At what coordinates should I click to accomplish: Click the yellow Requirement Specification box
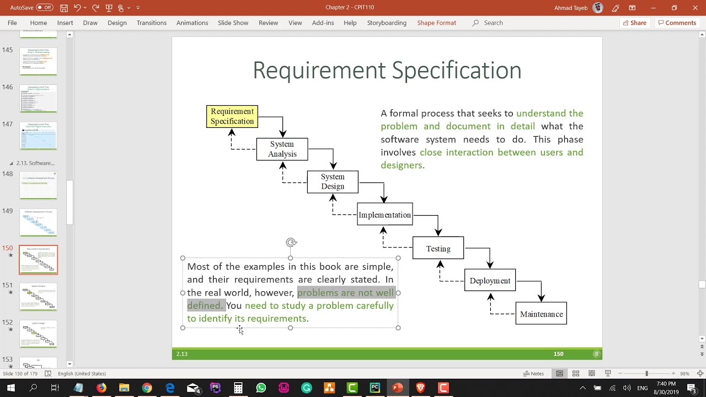tap(232, 116)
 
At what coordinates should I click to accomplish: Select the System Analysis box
tap(282, 149)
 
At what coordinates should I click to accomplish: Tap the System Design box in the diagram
tap(333, 182)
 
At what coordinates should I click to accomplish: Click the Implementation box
tap(384, 215)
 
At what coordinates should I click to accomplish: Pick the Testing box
tap(438, 249)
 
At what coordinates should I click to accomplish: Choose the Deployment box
tap(490, 281)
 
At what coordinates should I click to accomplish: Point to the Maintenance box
tap(541, 314)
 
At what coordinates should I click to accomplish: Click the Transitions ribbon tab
tap(152, 23)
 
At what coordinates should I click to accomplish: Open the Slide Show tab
tap(233, 23)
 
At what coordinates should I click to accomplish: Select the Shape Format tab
tap(436, 23)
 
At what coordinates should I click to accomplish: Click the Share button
tap(634, 23)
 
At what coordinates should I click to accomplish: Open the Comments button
tap(677, 23)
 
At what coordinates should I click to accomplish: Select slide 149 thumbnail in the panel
tap(39, 222)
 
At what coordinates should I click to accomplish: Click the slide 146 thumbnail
tap(39, 98)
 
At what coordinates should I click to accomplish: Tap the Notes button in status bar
tap(533, 373)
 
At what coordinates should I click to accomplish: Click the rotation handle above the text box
tap(291, 242)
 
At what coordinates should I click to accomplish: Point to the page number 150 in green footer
tap(558, 354)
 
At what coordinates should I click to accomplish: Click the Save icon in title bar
tap(64, 8)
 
